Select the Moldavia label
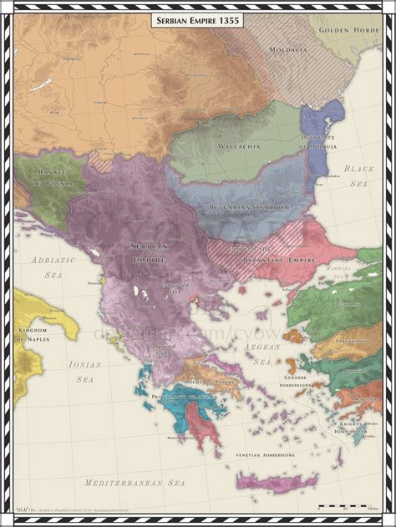click(x=287, y=50)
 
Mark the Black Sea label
click(x=362, y=175)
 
